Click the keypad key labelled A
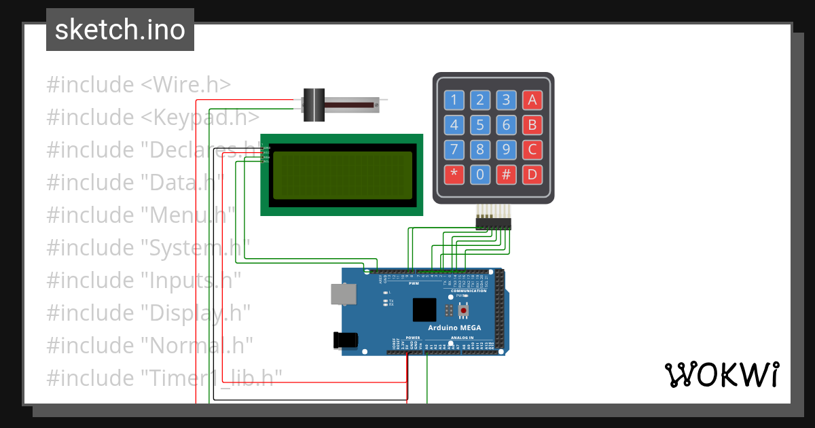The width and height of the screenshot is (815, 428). point(532,101)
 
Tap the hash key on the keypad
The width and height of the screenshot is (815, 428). point(506,175)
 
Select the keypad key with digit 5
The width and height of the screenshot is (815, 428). point(480,126)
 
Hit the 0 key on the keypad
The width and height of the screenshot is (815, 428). point(480,175)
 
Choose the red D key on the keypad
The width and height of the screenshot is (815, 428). point(532,175)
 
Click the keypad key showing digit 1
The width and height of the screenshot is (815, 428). point(454,101)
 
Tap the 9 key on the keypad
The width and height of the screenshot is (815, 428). point(506,150)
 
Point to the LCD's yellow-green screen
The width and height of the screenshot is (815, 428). point(343,175)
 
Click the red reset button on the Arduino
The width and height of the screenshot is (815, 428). point(464,311)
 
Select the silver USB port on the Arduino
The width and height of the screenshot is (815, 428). point(342,293)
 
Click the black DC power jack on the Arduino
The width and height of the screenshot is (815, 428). point(340,340)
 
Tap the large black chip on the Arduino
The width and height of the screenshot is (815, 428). point(425,310)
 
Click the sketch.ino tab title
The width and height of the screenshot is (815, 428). point(120,30)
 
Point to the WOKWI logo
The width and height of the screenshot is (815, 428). point(721,374)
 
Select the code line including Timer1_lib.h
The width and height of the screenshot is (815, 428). point(164,377)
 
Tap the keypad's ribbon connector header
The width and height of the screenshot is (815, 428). point(494,223)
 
